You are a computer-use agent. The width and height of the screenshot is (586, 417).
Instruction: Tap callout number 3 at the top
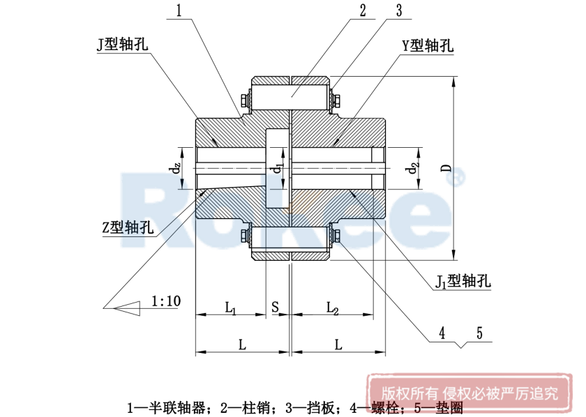[x=398, y=10]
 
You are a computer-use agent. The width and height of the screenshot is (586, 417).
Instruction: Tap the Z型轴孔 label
[x=128, y=227]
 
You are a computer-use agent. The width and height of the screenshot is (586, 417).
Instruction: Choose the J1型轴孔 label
[x=464, y=281]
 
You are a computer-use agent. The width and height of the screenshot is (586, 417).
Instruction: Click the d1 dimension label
[x=278, y=169]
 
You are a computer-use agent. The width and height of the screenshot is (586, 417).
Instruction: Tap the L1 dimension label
[x=231, y=307]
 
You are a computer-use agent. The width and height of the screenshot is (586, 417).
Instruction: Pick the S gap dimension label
[x=276, y=307]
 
